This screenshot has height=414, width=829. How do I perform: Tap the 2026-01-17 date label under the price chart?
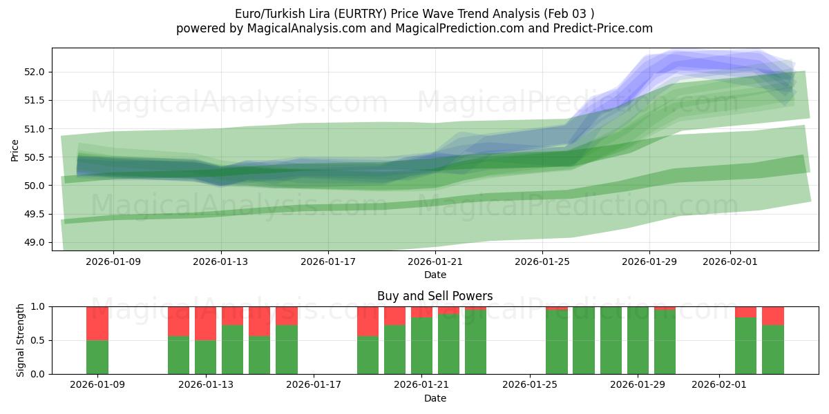328,262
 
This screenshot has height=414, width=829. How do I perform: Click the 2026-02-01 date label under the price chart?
730,262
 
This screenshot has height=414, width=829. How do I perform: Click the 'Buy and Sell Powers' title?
435,296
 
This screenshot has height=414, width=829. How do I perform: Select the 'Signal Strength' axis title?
21,340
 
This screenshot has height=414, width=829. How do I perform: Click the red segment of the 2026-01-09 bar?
97,323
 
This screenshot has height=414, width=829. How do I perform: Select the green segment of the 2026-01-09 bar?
97,357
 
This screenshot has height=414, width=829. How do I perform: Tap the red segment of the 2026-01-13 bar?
205,323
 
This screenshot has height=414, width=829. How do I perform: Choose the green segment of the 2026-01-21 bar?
421,346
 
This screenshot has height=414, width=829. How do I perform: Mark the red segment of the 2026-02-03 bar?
773,315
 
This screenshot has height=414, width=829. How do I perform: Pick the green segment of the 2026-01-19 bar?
368,355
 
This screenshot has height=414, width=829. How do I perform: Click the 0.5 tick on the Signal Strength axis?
39,340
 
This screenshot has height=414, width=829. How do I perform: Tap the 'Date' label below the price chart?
435,275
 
